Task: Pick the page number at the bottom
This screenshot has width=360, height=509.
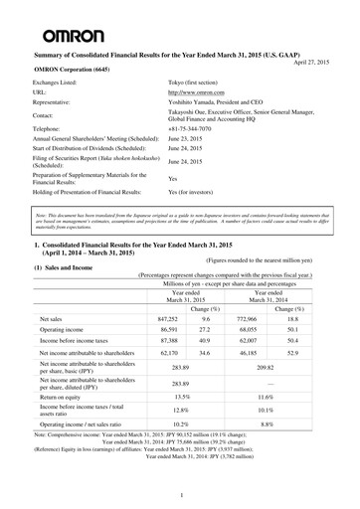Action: tap(180, 493)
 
